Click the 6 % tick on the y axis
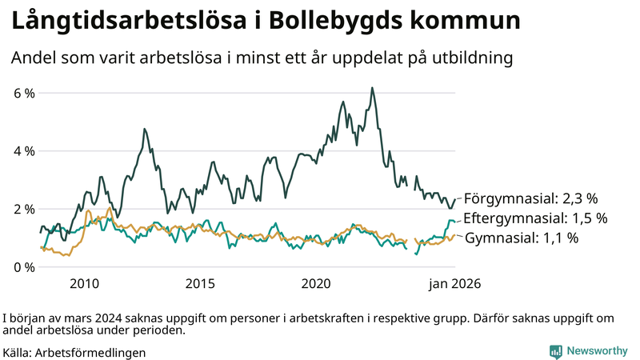pos(23,93)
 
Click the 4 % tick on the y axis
pos(23,150)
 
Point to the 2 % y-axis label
pos(23,209)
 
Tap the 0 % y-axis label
pos(23,266)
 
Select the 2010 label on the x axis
pos(84,283)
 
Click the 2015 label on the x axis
pos(200,283)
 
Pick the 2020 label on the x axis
pos(317,283)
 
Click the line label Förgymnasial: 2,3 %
pos(531,198)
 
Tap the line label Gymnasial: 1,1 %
pos(522,238)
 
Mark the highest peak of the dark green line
pos(372,88)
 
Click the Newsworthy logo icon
pos(555,351)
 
